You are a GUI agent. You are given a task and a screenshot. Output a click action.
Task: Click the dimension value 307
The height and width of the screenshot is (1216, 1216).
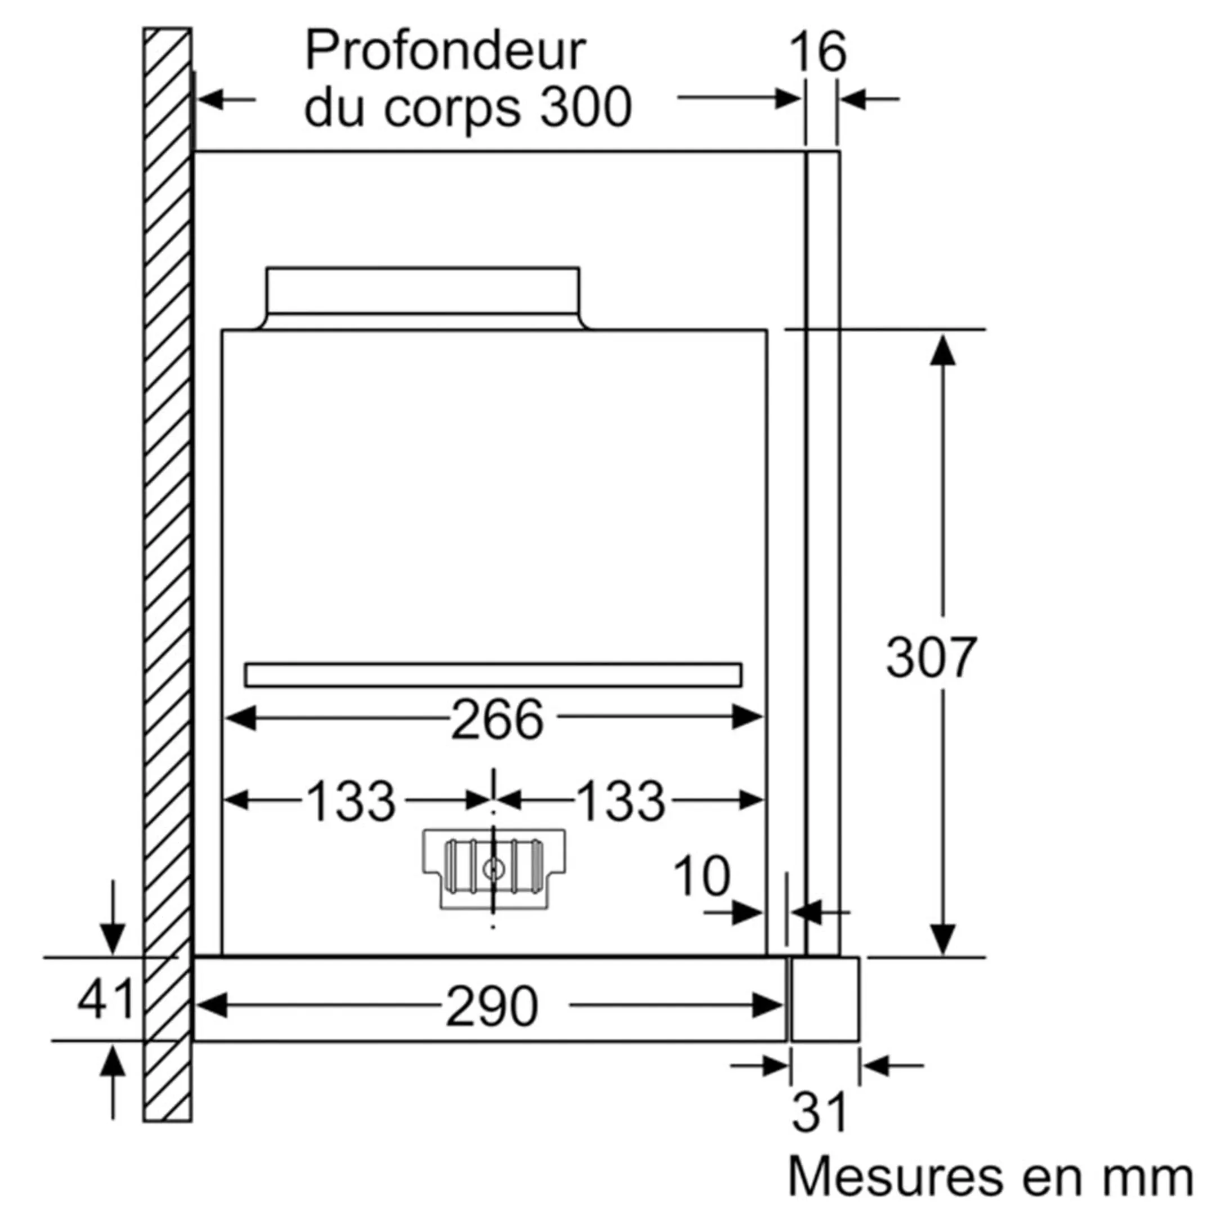click(x=930, y=658)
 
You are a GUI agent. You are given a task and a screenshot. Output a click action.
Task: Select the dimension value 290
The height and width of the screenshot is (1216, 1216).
click(x=491, y=1007)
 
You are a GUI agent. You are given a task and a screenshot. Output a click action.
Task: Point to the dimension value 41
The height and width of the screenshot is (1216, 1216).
click(x=106, y=999)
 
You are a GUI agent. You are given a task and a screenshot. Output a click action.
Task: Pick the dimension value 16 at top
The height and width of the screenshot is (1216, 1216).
click(x=817, y=53)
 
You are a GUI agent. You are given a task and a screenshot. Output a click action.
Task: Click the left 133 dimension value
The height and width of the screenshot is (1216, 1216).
click(x=351, y=801)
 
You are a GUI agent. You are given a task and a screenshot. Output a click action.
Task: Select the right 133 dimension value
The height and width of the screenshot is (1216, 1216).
click(x=620, y=801)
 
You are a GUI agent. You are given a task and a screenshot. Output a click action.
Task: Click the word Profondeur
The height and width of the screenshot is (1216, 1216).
click(x=445, y=52)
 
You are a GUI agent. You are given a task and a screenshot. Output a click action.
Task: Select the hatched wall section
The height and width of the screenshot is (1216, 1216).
click(x=167, y=566)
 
